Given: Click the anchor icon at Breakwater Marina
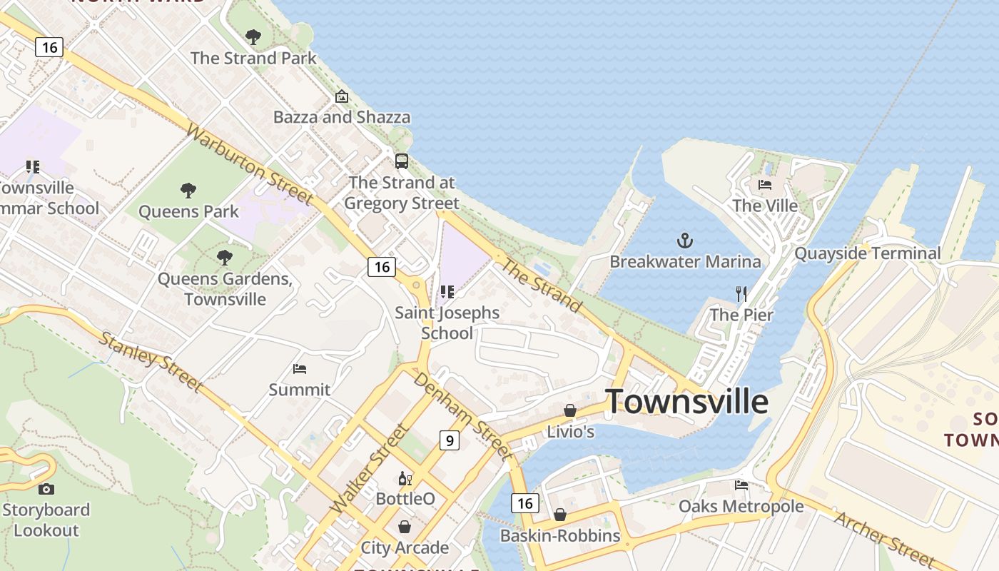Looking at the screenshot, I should pos(685,240).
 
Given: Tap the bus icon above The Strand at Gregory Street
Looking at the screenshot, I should pos(402,161).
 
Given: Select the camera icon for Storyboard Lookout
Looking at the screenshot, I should pos(46,489).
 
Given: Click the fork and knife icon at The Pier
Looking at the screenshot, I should pos(741,293).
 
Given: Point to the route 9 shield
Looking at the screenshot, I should pos(449,440).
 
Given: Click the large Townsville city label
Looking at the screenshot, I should pos(686,402).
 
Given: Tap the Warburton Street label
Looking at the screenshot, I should pos(250,164).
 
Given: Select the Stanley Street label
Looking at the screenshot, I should pos(151,361).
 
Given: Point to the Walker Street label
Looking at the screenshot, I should pos(370,468).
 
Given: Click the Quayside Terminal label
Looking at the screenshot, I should pos(867,253).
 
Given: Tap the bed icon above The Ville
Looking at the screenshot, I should pos(765,185).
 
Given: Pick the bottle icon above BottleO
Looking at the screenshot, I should pos(405,478).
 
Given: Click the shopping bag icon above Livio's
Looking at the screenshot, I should pos(569,410).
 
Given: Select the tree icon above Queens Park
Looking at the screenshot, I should pos(188,190).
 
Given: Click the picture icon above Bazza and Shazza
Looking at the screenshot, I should pos(342,96).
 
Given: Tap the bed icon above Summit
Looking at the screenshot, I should pos(300,369).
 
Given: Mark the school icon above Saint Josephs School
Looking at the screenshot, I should pos(447,292).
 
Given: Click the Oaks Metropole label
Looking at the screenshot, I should pos(741,506).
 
